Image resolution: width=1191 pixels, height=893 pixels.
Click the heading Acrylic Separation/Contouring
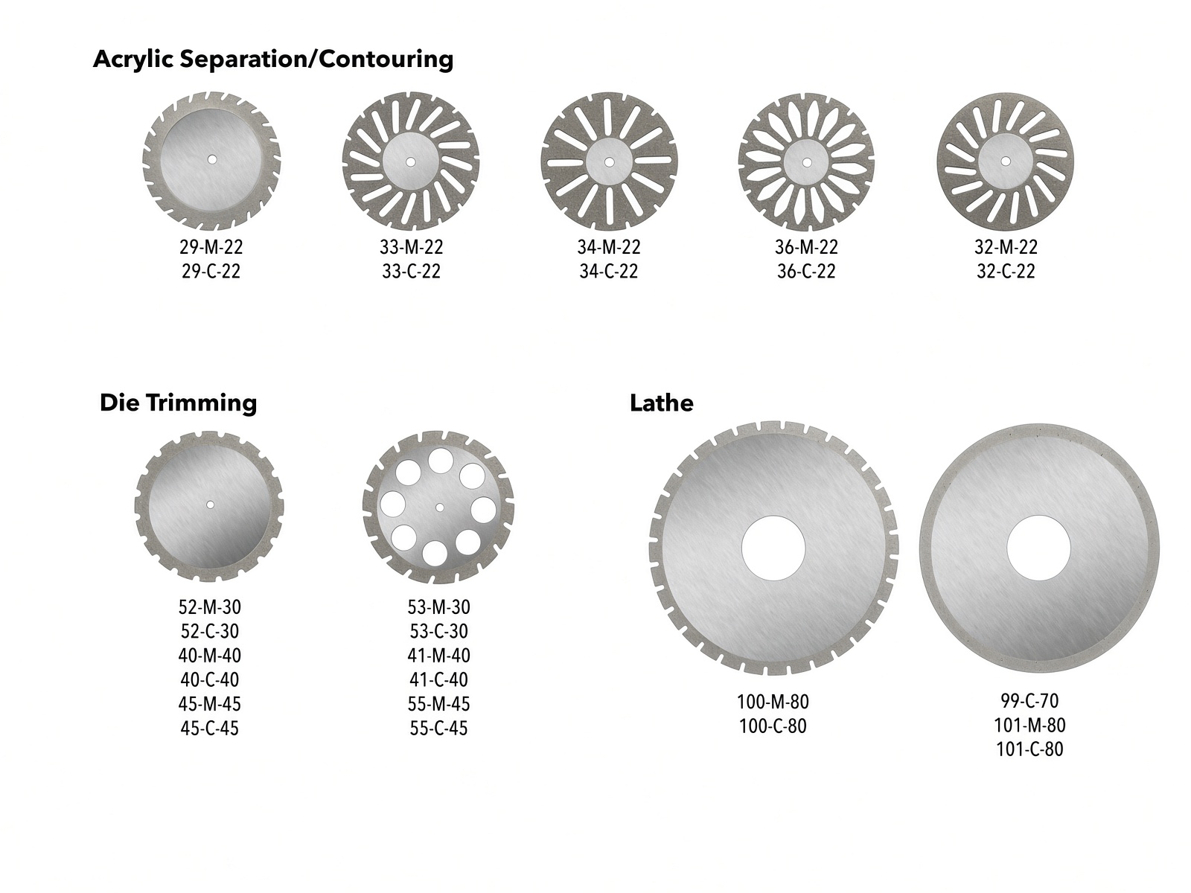click(x=273, y=59)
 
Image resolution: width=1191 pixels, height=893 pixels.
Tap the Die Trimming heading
click(x=179, y=403)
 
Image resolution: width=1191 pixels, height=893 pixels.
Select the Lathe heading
click(x=662, y=403)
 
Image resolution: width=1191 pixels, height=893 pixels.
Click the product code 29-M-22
click(x=211, y=247)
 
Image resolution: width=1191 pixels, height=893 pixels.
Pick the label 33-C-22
click(x=412, y=271)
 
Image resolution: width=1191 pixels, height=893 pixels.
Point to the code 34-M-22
click(x=609, y=247)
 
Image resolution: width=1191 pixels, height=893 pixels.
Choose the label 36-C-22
click(x=806, y=271)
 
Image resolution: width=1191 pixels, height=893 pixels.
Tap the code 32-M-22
click(x=1006, y=247)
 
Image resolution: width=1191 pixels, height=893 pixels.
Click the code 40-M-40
click(x=209, y=656)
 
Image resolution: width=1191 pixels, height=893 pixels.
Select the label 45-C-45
click(x=209, y=729)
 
